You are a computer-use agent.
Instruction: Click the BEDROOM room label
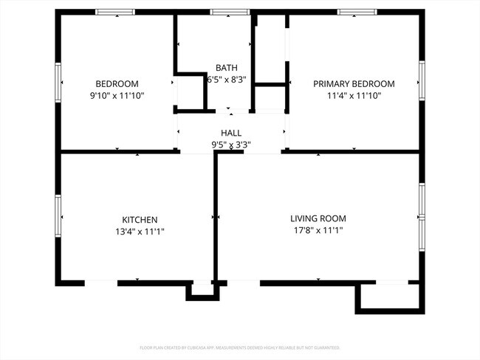[x=117, y=83]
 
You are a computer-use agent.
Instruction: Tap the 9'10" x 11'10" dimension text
[x=117, y=95]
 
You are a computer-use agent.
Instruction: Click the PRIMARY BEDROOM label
[x=354, y=83]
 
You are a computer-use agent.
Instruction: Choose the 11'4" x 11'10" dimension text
[x=354, y=95]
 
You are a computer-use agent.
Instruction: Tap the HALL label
[x=231, y=133]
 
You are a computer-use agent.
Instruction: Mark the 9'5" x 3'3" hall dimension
[x=231, y=145]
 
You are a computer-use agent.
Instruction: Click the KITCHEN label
[x=140, y=219]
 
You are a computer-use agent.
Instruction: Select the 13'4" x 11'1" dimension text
[x=140, y=231]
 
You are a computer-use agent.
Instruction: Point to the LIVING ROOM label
[x=318, y=218]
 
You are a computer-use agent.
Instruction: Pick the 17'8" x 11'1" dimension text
[x=318, y=230]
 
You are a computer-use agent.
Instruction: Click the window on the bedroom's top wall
[x=115, y=12]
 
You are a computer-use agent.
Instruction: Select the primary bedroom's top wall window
[x=358, y=12]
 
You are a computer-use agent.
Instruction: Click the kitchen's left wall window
[x=58, y=216]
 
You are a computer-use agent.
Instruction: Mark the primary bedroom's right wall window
[x=422, y=81]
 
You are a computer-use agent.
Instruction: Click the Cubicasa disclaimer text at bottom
[x=240, y=347]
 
